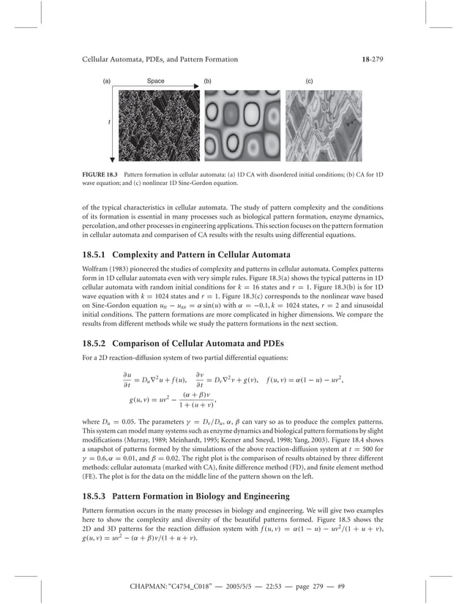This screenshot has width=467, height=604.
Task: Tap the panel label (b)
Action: [208, 80]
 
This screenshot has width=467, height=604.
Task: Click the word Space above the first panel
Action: [155, 80]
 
